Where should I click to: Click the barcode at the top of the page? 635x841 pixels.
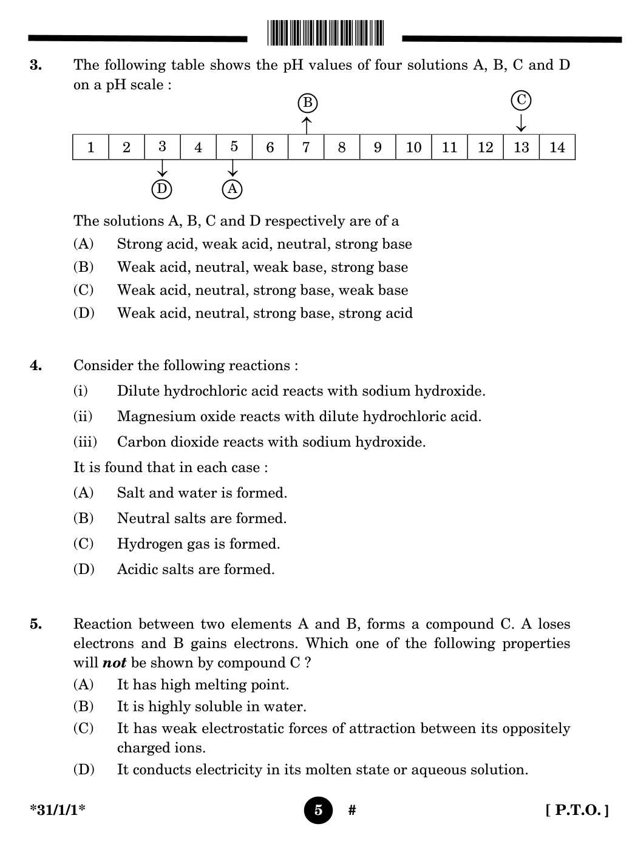pyautogui.click(x=325, y=33)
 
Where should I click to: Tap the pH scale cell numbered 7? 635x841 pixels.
pyautogui.click(x=306, y=147)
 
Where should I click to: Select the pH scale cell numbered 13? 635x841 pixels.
pyautogui.click(x=521, y=147)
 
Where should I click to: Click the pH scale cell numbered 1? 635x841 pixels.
pyautogui.click(x=90, y=147)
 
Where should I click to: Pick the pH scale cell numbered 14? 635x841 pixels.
pyautogui.click(x=557, y=147)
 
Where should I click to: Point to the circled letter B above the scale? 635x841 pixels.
pyautogui.click(x=308, y=103)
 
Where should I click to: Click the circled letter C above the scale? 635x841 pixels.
pyautogui.click(x=521, y=100)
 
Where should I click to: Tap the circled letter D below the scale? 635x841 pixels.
pyautogui.click(x=161, y=189)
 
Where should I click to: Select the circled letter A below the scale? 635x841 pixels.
pyautogui.click(x=233, y=189)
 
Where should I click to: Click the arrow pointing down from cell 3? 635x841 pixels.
pyautogui.click(x=162, y=169)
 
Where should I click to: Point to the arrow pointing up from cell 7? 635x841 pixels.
pyautogui.click(x=307, y=125)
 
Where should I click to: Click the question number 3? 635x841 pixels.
pyautogui.click(x=36, y=65)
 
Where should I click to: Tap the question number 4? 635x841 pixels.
pyautogui.click(x=36, y=365)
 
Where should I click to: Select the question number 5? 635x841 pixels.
pyautogui.click(x=36, y=624)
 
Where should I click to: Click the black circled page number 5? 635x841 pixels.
pyautogui.click(x=318, y=810)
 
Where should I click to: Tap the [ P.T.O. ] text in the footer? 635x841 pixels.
pyautogui.click(x=577, y=810)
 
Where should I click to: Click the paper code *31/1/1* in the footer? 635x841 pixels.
pyautogui.click(x=58, y=810)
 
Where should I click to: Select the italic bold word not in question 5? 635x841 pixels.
pyautogui.click(x=114, y=663)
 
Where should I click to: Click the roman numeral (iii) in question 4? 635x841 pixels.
pyautogui.click(x=85, y=442)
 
